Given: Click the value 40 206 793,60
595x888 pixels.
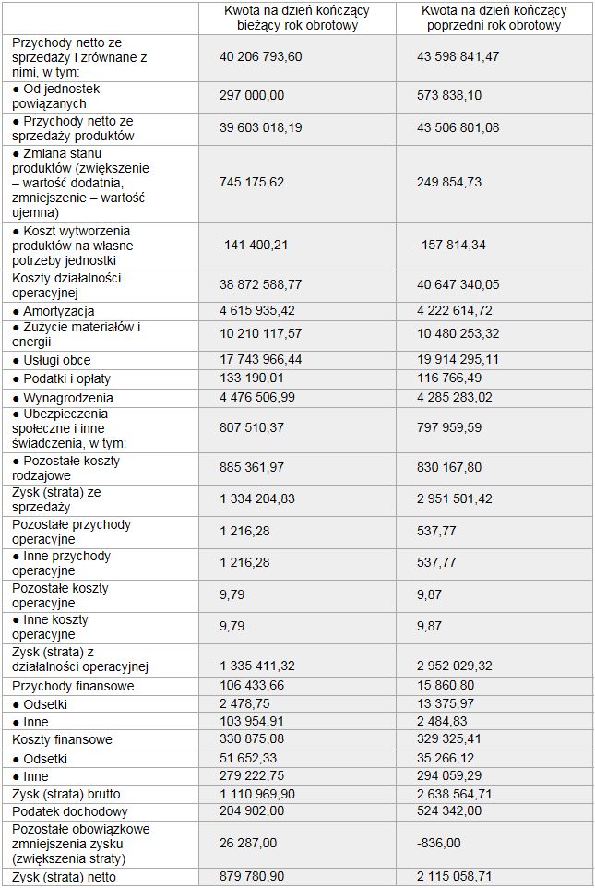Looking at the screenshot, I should point(261,57).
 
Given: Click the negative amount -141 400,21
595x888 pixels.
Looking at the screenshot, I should point(255,246).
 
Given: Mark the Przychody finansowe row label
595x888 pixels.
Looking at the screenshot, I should point(73,686).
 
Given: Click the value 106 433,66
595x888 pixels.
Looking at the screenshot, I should point(252,686).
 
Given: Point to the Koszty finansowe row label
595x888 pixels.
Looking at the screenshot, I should point(62,739).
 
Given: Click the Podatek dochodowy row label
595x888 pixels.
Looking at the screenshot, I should point(66,810).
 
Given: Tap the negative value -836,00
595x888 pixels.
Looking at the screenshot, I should point(440,843).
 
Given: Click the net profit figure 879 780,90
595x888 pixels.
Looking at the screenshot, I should point(252,877).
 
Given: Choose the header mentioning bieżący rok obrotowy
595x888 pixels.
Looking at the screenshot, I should point(297,18).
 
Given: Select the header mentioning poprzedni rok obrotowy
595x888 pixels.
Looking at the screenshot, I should point(494,18).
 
